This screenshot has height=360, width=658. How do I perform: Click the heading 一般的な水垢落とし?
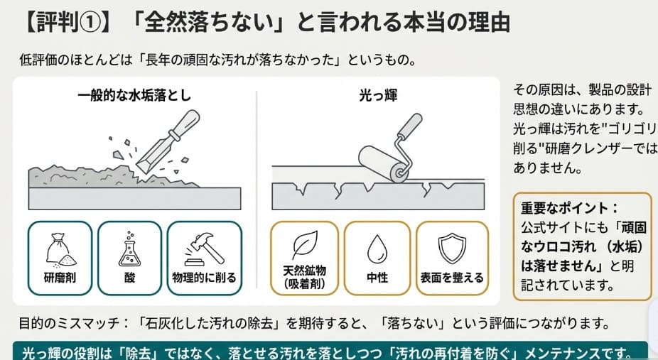tap(135, 94)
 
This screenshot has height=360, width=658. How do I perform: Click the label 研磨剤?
tap(59, 278)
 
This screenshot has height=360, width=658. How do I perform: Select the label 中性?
tap(377, 278)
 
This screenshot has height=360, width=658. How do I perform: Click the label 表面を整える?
tap(452, 278)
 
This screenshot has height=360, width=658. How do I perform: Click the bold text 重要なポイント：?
tap(569, 209)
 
